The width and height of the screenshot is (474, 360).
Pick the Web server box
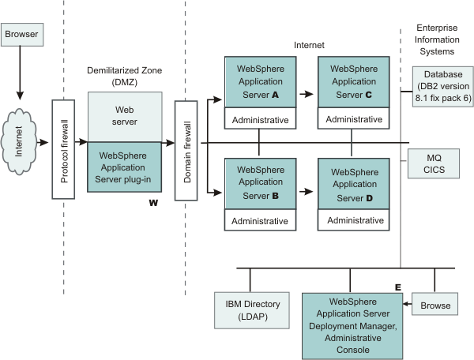pyautogui.click(x=125, y=116)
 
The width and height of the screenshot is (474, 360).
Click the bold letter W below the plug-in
pyautogui.click(x=154, y=204)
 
